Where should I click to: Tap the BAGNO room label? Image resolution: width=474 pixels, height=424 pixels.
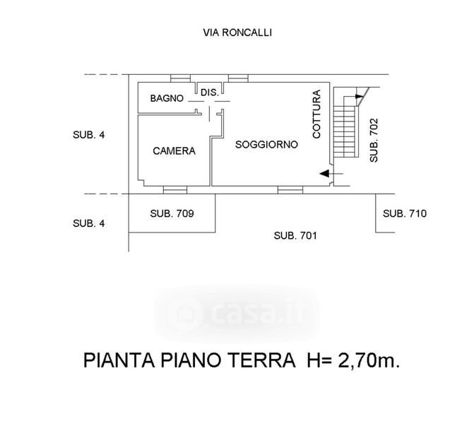pos(167,99)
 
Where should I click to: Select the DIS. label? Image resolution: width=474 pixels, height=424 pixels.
pos(209,93)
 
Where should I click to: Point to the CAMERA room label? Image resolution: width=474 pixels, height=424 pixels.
pos(174,151)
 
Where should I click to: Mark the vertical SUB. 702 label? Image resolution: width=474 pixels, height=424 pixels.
pos(374,141)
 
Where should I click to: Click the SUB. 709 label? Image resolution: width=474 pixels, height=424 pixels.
pos(172,213)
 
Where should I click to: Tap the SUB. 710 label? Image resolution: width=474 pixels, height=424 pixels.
pos(405,213)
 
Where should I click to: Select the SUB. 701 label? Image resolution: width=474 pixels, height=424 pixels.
pos(295,236)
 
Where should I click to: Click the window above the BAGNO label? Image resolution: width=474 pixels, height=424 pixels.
pos(181,76)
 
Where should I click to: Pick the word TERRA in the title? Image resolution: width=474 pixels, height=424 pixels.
pos(260,362)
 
